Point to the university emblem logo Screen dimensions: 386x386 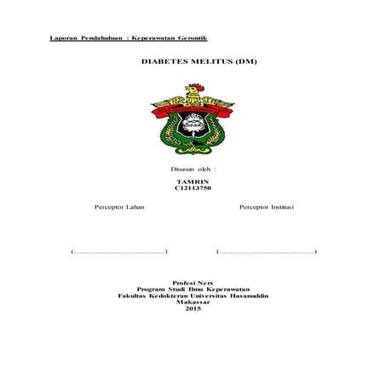[x=193, y=120]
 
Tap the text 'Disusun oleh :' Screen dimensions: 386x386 [x=193, y=170]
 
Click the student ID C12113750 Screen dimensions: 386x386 [x=193, y=191]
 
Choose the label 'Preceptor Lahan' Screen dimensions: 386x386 [x=118, y=207]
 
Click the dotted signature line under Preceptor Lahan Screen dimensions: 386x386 [x=119, y=252]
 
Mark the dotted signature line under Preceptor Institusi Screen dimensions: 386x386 [x=267, y=252]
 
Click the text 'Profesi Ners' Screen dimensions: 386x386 [x=193, y=282]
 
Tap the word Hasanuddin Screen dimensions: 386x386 [x=247, y=296]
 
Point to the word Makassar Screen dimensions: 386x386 [x=193, y=302]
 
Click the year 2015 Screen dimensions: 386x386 [x=193, y=309]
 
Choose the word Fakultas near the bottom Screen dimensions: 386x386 [x=131, y=296]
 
